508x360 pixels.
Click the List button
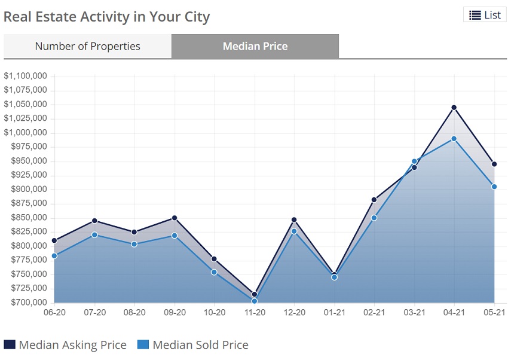click(x=485, y=15)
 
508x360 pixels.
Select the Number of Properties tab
click(x=87, y=46)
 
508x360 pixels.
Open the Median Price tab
click(x=255, y=46)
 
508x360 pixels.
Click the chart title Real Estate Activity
click(x=107, y=16)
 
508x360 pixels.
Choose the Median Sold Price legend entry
click(x=192, y=344)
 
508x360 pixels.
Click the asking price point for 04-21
click(x=454, y=108)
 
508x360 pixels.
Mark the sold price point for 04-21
click(x=454, y=139)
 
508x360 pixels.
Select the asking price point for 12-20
click(x=294, y=220)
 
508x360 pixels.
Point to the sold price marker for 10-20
click(x=214, y=272)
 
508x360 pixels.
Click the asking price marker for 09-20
click(x=174, y=218)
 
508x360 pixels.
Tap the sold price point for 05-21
click(x=494, y=187)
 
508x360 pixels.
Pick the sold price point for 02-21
click(x=374, y=218)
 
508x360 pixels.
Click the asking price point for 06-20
click(x=54, y=240)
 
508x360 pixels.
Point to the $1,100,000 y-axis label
click(x=25, y=76)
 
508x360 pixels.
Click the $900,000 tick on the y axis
click(x=27, y=189)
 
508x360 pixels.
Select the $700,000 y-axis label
click(x=27, y=302)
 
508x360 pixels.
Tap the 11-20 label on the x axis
click(x=254, y=312)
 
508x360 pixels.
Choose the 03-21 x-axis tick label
click(x=414, y=312)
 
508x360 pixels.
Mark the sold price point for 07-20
click(x=94, y=234)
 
